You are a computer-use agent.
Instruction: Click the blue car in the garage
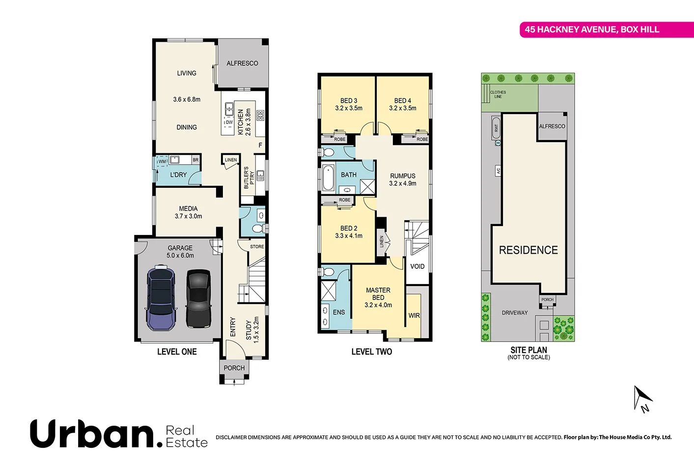[161, 298]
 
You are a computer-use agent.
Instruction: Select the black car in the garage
[199, 298]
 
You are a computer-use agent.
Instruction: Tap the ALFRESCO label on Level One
[242, 63]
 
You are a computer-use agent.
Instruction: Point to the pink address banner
[606, 29]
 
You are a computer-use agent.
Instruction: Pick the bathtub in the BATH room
[328, 178]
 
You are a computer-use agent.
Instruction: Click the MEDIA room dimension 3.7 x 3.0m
[188, 216]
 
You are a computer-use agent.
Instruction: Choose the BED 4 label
[403, 101]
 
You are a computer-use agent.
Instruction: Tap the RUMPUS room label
[403, 176]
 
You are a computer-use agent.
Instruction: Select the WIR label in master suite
[414, 316]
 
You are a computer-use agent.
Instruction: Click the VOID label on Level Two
[417, 266]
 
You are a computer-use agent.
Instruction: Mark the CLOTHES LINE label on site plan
[498, 94]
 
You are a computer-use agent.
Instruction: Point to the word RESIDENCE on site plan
[528, 250]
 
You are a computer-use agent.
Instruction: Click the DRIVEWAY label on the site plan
[515, 313]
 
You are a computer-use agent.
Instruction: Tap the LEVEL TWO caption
[372, 351]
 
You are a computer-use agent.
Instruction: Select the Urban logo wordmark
[96, 434]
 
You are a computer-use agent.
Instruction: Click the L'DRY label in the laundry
[178, 175]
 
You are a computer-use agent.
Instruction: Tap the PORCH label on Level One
[234, 368]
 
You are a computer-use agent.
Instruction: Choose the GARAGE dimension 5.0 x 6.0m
[180, 256]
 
